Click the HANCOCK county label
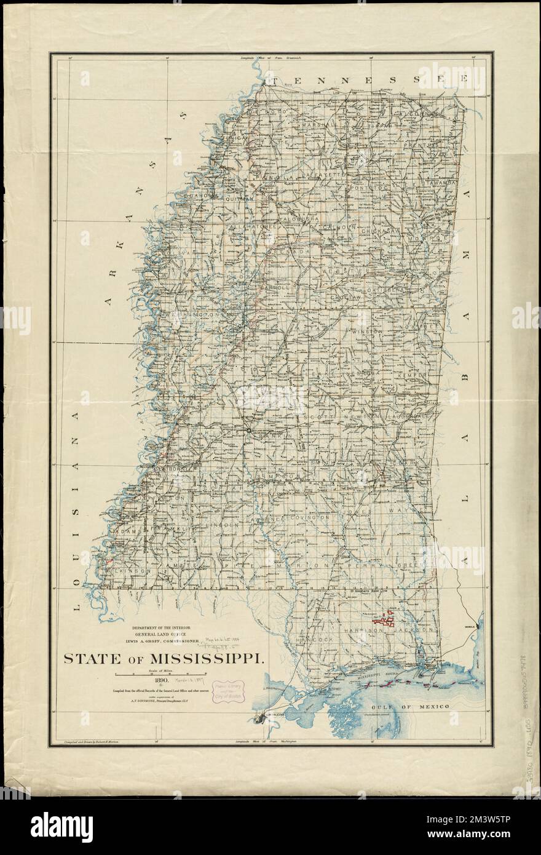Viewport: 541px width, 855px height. pos(315,640)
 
